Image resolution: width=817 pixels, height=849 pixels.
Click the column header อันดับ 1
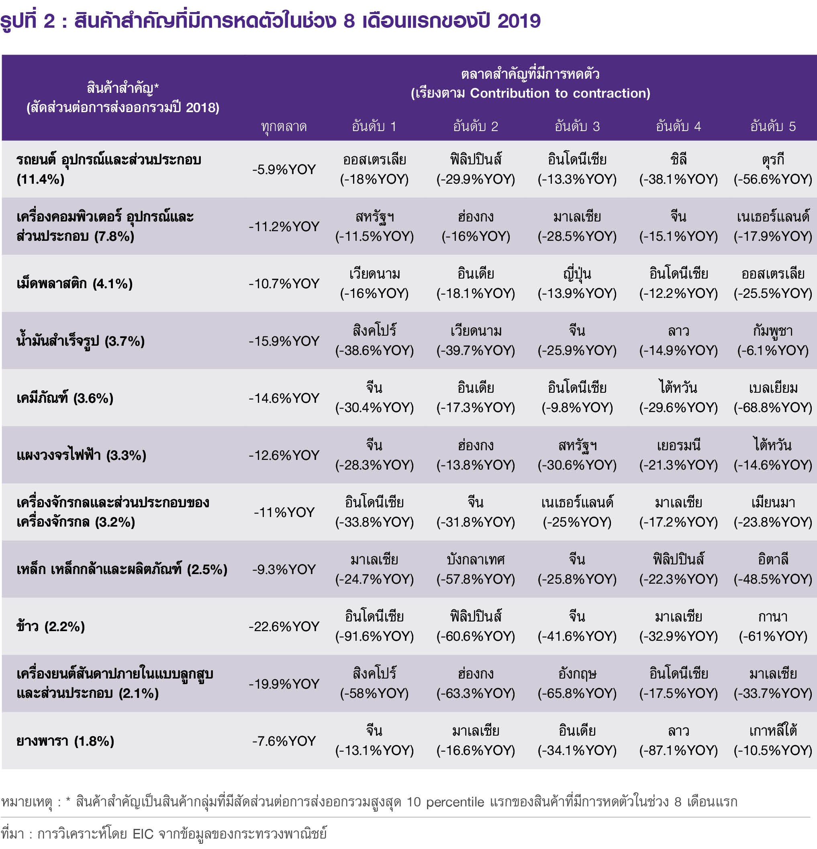coord(374,126)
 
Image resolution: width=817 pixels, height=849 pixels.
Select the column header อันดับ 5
coord(773,126)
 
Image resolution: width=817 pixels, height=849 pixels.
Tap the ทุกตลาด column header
coord(284,127)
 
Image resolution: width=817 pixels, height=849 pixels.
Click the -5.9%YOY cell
coord(284,169)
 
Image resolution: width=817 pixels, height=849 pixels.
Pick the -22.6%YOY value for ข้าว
coord(284,626)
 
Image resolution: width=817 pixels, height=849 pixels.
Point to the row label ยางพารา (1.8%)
coord(65,741)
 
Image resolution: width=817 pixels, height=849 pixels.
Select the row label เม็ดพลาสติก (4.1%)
coord(74,284)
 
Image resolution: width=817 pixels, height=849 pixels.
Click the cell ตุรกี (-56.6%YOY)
coord(773,169)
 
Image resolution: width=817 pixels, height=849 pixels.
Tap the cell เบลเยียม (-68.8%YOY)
coord(773,398)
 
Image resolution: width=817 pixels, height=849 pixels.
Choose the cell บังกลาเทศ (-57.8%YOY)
coord(476,569)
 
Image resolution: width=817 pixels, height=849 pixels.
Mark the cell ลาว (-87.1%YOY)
coord(678,741)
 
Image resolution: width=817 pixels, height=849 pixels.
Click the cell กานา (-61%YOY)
coord(773,626)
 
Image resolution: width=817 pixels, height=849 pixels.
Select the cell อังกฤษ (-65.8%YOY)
coord(577,683)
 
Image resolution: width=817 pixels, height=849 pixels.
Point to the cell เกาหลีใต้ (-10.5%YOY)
coord(773,741)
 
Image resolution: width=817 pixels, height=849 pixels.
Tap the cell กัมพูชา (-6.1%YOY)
coord(773,340)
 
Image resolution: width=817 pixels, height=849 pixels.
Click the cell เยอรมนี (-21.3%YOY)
coord(678,455)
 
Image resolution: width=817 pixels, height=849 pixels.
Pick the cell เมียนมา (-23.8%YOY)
coord(773,512)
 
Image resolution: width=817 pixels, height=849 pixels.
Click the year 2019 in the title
coord(519,21)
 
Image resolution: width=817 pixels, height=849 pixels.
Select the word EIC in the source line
coord(143,833)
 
